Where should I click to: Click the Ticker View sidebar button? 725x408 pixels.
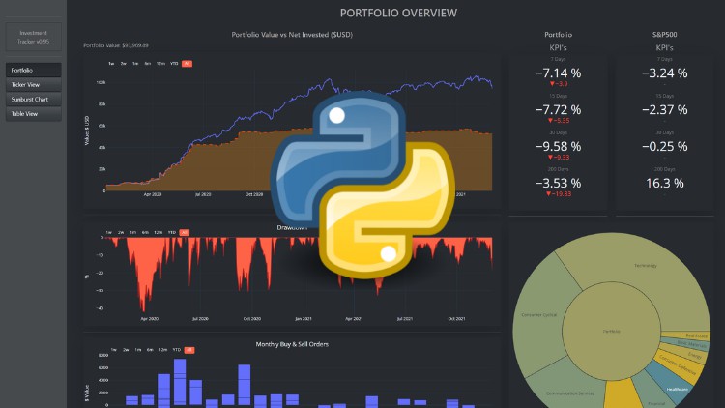tap(34, 85)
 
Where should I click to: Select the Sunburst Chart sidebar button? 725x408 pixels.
tap(34, 100)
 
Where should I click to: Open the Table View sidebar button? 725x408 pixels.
tap(34, 114)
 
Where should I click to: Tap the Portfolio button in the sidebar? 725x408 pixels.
tap(34, 70)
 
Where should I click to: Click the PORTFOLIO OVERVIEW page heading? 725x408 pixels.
tap(399, 14)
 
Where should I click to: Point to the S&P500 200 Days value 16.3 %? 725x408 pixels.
tap(665, 183)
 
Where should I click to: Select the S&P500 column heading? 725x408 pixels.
tap(664, 35)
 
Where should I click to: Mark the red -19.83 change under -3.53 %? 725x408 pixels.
tap(561, 194)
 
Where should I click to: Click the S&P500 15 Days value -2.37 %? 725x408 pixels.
tap(665, 109)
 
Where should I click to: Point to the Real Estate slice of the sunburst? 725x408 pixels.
tap(695, 336)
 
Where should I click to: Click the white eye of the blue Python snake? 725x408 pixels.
tap(336, 116)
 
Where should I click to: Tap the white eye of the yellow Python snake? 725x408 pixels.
tap(389, 254)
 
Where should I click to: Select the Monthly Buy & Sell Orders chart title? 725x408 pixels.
tap(291, 344)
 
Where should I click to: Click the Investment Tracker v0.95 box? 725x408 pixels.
tap(34, 38)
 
